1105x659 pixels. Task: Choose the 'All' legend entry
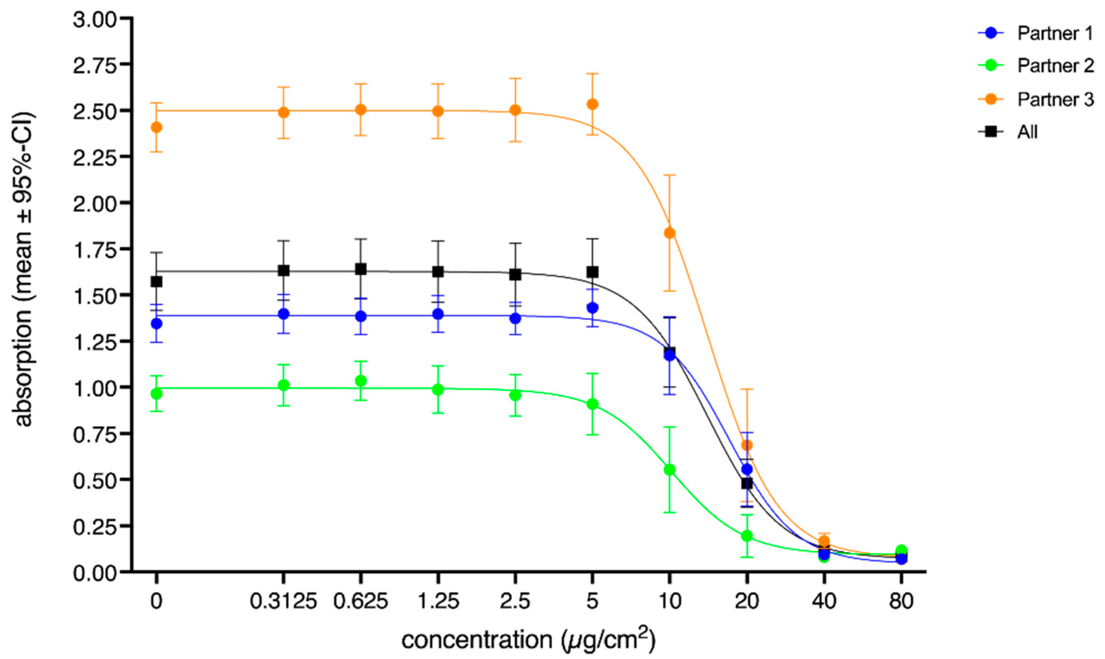click(x=1027, y=132)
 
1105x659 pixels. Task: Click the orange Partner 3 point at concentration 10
click(x=669, y=233)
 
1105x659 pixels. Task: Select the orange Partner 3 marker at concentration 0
click(x=156, y=128)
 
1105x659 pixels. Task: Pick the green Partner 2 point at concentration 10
click(x=669, y=470)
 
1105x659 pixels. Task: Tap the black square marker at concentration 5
click(x=593, y=271)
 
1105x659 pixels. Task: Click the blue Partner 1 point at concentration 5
click(x=593, y=307)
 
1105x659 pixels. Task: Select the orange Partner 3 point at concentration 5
click(x=593, y=104)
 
